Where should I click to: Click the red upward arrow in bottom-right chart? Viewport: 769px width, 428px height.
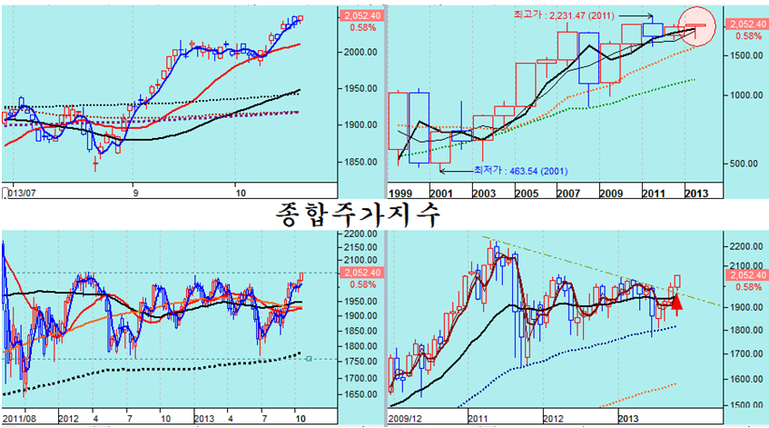click(x=675, y=303)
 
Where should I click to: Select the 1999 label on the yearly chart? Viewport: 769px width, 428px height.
click(x=401, y=194)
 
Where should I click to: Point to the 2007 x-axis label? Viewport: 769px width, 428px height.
click(x=569, y=194)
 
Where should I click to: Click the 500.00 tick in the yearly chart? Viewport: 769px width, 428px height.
click(x=744, y=164)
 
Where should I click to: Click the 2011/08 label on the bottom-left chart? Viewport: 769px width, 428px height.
click(x=20, y=419)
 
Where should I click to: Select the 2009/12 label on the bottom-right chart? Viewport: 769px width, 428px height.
click(x=407, y=419)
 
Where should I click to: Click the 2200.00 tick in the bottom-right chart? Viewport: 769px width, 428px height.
click(x=744, y=246)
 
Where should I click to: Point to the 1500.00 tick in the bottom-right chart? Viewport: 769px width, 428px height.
click(x=744, y=405)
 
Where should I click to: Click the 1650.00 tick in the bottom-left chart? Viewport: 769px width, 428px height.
click(x=358, y=395)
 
